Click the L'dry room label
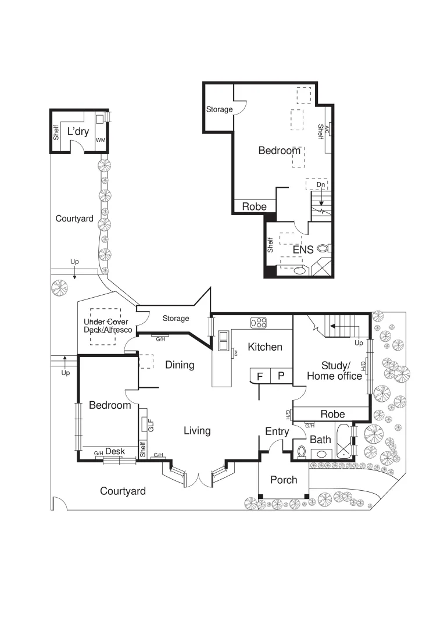tap(78, 131)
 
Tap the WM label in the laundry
tap(100, 140)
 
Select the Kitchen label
tap(265, 347)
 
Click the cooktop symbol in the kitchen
tap(258, 322)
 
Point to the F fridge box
tap(260, 376)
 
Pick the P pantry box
tap(281, 376)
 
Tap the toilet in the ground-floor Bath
tap(301, 451)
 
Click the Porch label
tap(284, 480)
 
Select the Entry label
tap(277, 431)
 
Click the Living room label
tap(197, 431)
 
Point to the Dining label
tap(180, 365)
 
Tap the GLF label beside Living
tap(151, 425)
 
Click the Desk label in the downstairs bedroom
tap(115, 451)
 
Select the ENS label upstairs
tap(303, 250)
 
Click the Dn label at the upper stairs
tap(320, 185)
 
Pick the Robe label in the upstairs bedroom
tap(254, 206)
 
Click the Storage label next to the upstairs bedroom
tap(219, 109)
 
